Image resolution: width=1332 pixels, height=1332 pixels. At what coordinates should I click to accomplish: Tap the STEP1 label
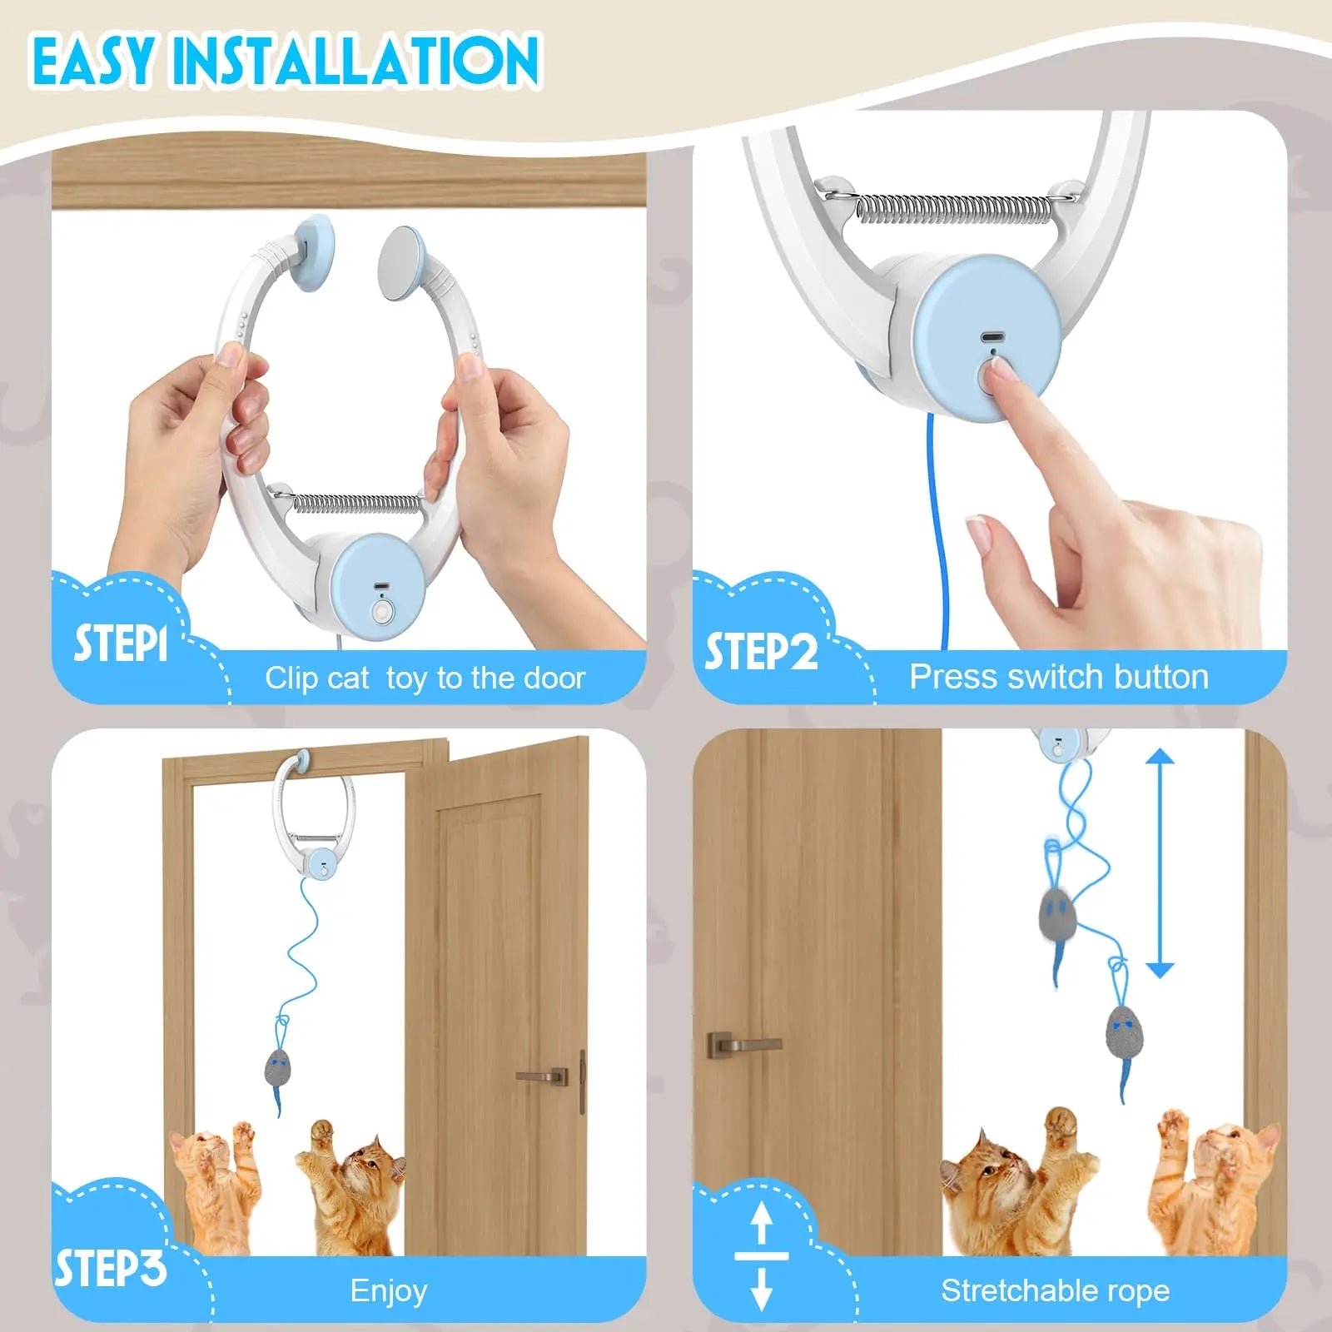(x=122, y=644)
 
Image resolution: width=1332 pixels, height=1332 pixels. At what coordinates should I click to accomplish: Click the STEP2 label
(x=761, y=651)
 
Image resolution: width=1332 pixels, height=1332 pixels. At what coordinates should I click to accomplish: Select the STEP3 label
(x=111, y=1269)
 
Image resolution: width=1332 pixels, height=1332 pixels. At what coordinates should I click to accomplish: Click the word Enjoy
(x=389, y=1290)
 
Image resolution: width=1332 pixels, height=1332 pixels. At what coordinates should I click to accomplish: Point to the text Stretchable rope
(x=1055, y=1290)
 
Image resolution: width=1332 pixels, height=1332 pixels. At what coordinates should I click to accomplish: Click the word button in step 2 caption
(x=1161, y=676)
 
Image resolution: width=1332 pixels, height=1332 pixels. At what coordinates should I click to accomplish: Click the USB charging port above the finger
(x=988, y=338)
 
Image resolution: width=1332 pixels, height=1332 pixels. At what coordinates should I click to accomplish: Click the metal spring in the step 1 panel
(x=358, y=503)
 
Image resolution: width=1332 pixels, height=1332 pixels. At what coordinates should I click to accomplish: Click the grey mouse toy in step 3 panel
(x=278, y=1069)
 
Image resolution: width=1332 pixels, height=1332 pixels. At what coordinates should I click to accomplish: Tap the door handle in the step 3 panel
(x=543, y=1076)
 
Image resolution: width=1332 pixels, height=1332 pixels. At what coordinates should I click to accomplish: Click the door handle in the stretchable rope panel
(x=743, y=1044)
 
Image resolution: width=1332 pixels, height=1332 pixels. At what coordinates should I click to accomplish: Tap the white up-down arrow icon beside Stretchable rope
(x=761, y=1256)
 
